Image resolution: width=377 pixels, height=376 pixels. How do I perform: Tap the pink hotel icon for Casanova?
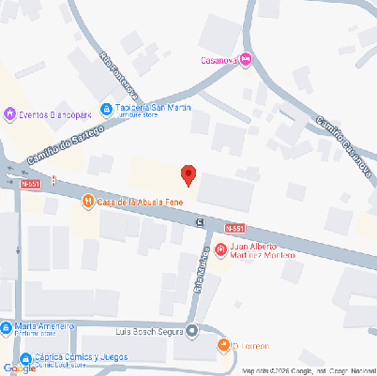[246, 60]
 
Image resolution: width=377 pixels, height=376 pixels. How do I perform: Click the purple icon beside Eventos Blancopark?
[9, 114]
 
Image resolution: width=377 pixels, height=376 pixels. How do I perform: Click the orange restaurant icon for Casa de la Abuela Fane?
[86, 200]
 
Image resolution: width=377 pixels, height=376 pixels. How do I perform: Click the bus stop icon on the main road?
[200, 221]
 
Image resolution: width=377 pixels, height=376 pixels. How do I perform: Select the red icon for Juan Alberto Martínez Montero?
[220, 249]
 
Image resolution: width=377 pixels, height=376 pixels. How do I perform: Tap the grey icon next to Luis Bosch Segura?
[192, 330]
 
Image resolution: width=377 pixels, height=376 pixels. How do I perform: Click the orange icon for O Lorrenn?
[223, 346]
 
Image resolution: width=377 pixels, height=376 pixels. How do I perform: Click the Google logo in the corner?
[20, 368]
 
